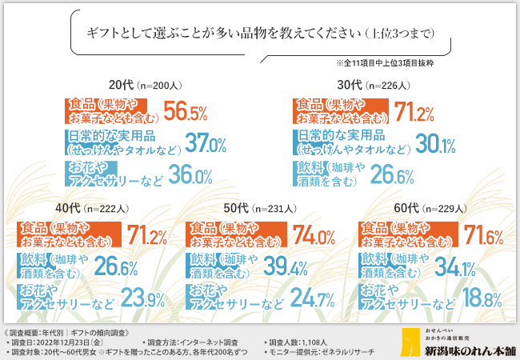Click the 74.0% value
pyautogui.click(x=313, y=236)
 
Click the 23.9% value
pyautogui.click(x=143, y=299)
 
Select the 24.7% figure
pyautogui.click(x=313, y=299)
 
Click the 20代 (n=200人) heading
pyautogui.click(x=150, y=84)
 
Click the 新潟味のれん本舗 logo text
pyautogui.click(x=458, y=350)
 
